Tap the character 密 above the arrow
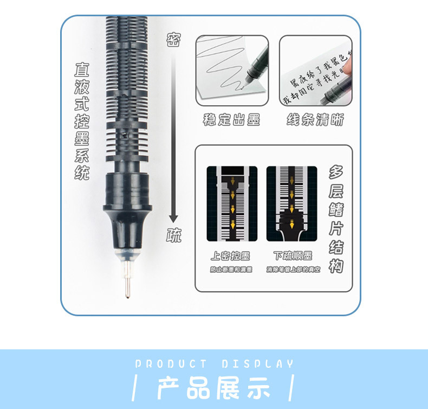[x=173, y=39]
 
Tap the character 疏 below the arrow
[x=173, y=235]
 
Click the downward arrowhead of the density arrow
[x=173, y=218]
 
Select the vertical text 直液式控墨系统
[x=82, y=122]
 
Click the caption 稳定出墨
[x=231, y=120]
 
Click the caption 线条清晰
[x=315, y=120]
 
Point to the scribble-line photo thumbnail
[x=232, y=71]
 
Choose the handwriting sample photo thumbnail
[x=315, y=71]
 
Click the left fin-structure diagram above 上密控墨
[x=232, y=203]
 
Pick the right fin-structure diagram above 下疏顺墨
[x=292, y=203]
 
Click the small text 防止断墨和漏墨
[x=231, y=270]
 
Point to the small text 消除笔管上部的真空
[x=293, y=270]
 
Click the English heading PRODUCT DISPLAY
[x=214, y=364]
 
